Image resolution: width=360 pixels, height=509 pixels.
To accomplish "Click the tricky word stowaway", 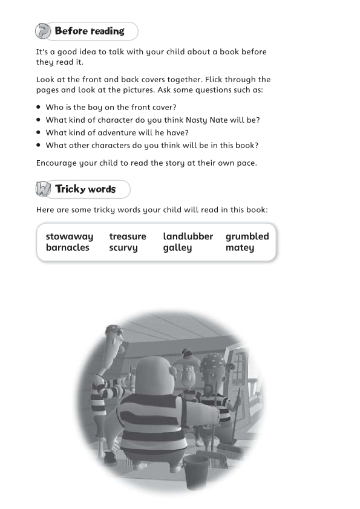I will pyautogui.click(x=70, y=237).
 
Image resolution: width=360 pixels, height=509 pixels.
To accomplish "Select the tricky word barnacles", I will pyautogui.click(x=67, y=247).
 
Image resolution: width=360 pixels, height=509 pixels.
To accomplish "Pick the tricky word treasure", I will pyautogui.click(x=128, y=237).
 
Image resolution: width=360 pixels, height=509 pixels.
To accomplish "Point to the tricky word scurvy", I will pyautogui.click(x=123, y=248).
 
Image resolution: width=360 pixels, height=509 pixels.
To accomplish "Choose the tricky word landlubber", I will pyautogui.click(x=188, y=237).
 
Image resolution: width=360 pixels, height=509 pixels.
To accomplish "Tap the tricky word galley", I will pyautogui.click(x=177, y=248).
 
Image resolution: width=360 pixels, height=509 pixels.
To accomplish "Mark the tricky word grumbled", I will pyautogui.click(x=247, y=237).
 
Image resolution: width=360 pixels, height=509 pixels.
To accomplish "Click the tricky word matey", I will pyautogui.click(x=240, y=248).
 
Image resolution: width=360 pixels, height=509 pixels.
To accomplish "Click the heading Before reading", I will pyautogui.click(x=90, y=31).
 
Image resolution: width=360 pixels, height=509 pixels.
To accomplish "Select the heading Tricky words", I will pyautogui.click(x=85, y=189).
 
